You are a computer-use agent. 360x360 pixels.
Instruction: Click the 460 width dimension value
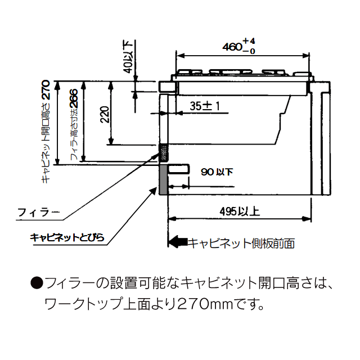coord(231,47)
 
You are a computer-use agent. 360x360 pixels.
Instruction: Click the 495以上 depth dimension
coord(240,211)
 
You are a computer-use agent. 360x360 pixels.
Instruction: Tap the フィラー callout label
coord(38,212)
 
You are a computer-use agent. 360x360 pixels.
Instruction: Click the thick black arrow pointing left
coord(179,242)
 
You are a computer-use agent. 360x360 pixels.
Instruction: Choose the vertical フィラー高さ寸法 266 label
coord(73,127)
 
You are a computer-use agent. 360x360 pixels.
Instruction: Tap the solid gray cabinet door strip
coord(163,179)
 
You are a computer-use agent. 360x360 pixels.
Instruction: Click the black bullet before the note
coord(37,283)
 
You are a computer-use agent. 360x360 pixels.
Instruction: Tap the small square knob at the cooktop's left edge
coord(166,86)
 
